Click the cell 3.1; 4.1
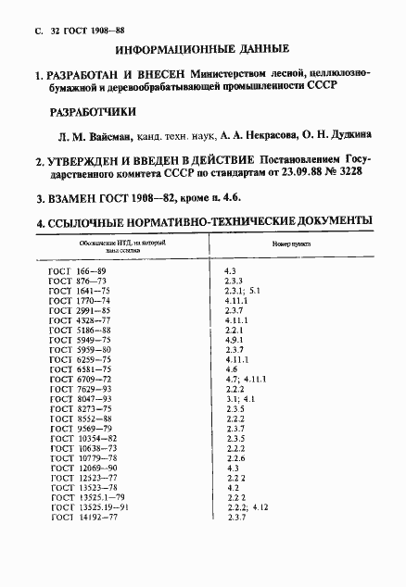pyautogui.click(x=239, y=399)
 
